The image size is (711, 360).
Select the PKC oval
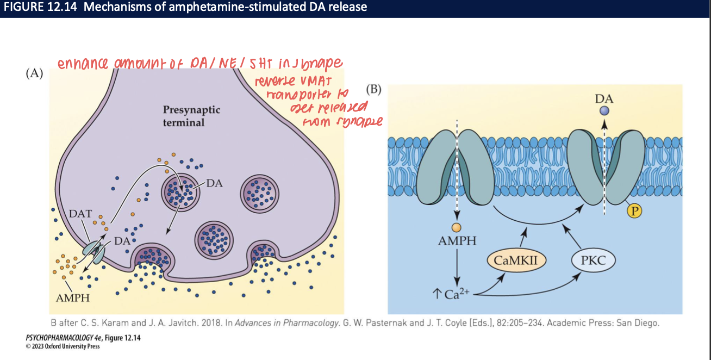click(x=593, y=260)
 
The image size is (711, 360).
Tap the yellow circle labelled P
click(x=634, y=212)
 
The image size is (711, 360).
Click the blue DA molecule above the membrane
click(x=604, y=111)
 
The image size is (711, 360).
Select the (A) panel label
click(x=34, y=75)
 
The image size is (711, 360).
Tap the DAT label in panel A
click(x=80, y=213)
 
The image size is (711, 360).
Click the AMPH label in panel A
click(x=73, y=297)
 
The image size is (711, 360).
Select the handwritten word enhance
click(x=81, y=64)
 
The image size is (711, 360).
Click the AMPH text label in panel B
click(x=457, y=240)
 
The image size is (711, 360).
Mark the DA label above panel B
click(x=604, y=99)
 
